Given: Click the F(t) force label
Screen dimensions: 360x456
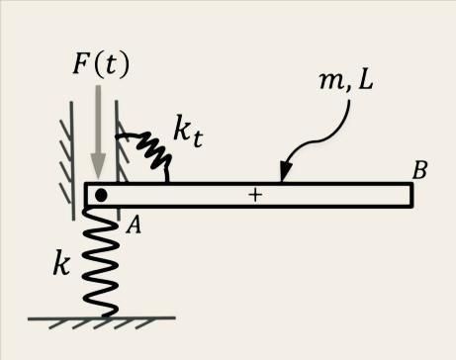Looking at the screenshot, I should tap(102, 65).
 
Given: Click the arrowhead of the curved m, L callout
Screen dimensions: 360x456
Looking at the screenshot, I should tap(284, 176).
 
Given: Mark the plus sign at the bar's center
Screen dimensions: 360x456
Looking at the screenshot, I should tap(255, 196).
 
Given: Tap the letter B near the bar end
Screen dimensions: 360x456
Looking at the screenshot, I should tap(419, 170).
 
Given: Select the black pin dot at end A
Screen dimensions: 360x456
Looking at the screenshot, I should tap(101, 195).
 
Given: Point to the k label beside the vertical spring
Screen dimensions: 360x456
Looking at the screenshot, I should tap(60, 264).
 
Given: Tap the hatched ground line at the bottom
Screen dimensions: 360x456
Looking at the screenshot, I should tap(99, 322).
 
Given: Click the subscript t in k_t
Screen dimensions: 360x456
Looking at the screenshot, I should tap(202, 139).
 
